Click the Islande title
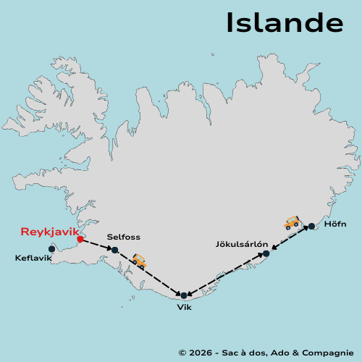(284, 22)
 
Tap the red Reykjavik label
(49, 232)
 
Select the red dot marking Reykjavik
(80, 238)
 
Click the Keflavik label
(34, 257)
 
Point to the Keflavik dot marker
(51, 248)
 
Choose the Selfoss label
(123, 237)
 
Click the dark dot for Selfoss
(114, 250)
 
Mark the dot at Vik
(184, 295)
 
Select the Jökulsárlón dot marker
(266, 253)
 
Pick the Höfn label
(336, 224)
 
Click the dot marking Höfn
(311, 227)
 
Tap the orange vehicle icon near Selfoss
(139, 261)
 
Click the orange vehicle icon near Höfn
(292, 222)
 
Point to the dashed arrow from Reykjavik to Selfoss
(97, 244)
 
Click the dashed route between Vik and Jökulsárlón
(224, 274)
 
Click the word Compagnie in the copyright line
(328, 352)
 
